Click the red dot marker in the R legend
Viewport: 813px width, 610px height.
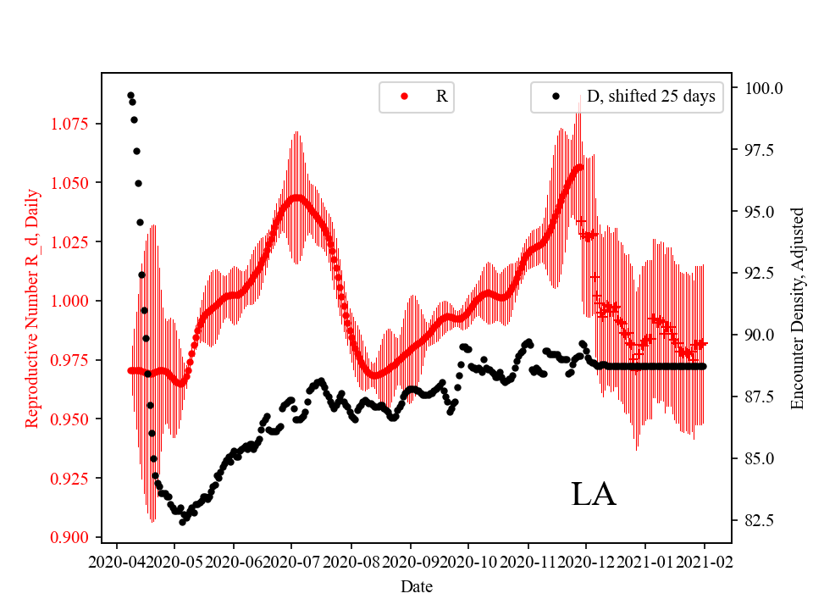[x=404, y=97]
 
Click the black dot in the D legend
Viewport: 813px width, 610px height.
[x=556, y=97]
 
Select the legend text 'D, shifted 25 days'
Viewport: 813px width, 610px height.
[x=650, y=97]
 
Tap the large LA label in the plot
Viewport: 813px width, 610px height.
[x=594, y=495]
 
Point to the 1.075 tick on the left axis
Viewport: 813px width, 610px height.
[x=71, y=124]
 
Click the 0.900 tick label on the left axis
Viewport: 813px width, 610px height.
[x=71, y=537]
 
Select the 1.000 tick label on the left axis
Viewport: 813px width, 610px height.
[x=71, y=301]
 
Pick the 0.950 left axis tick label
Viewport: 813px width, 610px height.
[x=71, y=419]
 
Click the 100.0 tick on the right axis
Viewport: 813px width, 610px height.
[x=763, y=88]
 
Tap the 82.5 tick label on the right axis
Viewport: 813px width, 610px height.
[x=760, y=519]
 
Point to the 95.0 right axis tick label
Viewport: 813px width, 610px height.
[x=760, y=212]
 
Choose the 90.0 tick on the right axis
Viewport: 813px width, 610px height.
[x=760, y=335]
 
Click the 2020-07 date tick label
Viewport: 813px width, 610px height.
[x=291, y=560]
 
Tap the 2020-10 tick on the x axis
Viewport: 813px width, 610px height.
[x=468, y=560]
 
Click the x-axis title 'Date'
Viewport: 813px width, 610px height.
[x=416, y=585]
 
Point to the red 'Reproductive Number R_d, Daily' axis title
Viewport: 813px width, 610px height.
[x=31, y=307]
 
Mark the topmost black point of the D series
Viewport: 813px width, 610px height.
[x=130, y=95]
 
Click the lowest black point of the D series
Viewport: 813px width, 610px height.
[x=182, y=522]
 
